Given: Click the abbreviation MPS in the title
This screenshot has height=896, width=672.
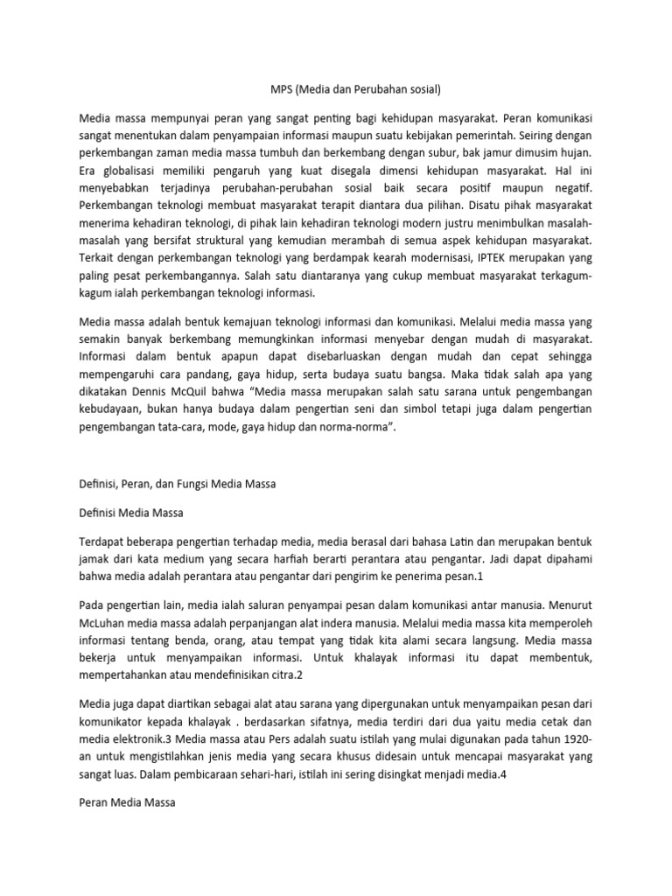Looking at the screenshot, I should (x=277, y=89).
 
